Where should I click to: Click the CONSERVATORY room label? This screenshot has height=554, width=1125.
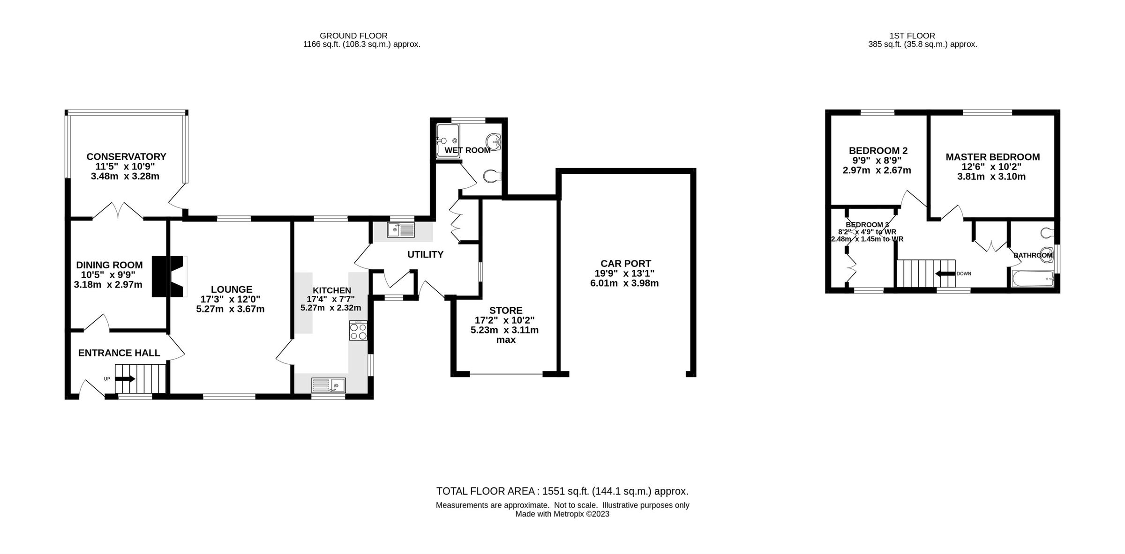click(x=126, y=156)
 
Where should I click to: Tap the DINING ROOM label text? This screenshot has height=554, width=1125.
click(x=109, y=265)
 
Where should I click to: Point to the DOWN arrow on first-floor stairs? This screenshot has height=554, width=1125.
click(x=945, y=274)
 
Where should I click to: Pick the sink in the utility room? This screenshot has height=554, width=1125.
click(x=401, y=230)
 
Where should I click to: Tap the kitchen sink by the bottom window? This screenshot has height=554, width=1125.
click(x=329, y=385)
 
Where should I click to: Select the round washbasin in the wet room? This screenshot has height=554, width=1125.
click(x=494, y=140)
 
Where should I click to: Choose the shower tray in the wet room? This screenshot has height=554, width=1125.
click(x=447, y=140)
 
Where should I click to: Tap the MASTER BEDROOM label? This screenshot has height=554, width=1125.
click(x=992, y=157)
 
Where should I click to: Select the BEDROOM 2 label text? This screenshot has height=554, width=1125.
click(x=878, y=150)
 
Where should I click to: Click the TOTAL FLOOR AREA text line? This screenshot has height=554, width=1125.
click(x=562, y=491)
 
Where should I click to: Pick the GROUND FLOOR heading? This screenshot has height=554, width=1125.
click(x=353, y=36)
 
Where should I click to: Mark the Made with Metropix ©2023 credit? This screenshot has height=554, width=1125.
click(x=562, y=514)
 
